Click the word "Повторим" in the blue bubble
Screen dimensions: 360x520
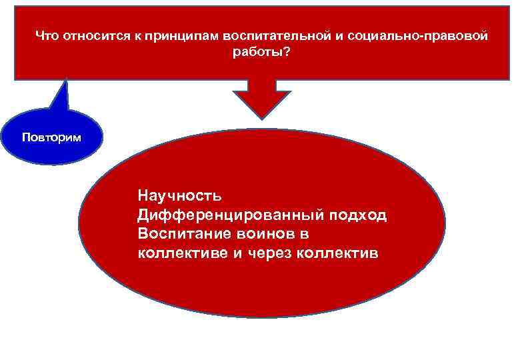point(52,138)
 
